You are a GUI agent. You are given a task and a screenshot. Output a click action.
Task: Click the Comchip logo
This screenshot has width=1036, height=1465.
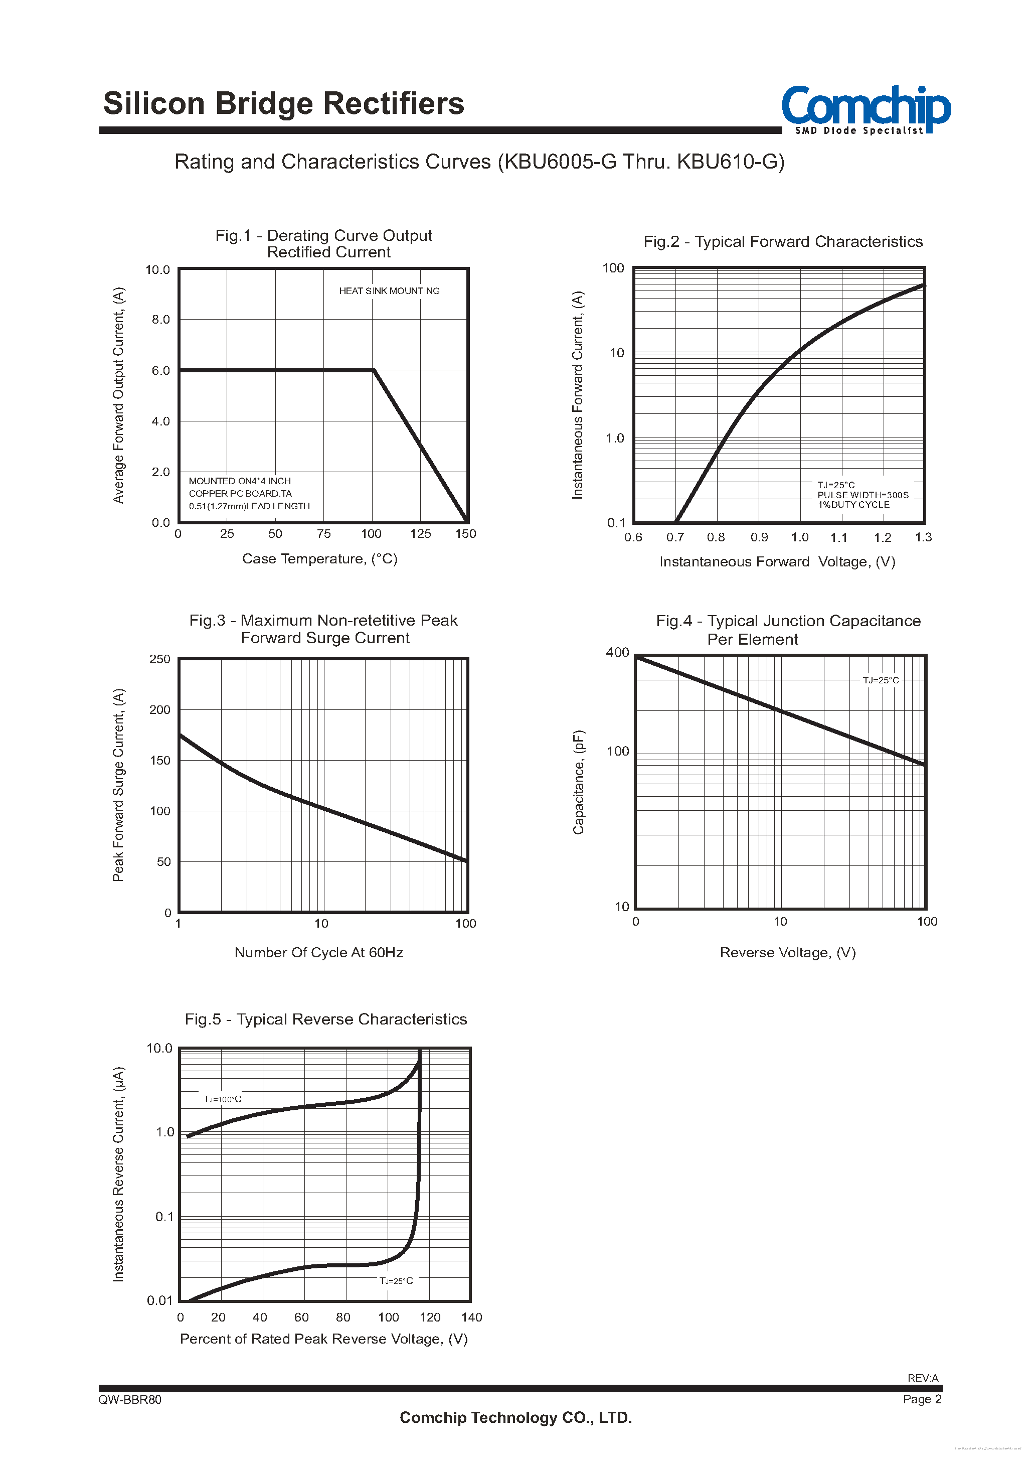pos(865,109)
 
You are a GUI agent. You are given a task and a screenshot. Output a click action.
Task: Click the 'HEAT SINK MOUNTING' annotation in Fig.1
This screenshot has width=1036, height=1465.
pos(389,291)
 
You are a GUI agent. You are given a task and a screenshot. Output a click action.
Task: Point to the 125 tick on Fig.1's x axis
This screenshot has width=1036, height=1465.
pos(420,534)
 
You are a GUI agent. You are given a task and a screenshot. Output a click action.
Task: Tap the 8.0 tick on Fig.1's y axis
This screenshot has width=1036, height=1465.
pos(161,320)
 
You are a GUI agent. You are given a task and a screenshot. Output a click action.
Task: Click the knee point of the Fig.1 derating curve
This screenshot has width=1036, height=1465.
pos(374,370)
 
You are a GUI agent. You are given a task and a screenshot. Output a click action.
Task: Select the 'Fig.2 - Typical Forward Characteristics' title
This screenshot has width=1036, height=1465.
pos(783,242)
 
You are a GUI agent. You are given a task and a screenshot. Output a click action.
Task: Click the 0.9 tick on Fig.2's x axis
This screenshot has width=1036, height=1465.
pos(759,538)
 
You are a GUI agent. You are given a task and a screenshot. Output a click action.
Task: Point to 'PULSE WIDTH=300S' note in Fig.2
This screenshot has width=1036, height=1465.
pos(862,495)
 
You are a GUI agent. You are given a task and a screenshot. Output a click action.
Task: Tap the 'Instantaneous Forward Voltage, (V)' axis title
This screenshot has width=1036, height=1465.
pos(777,562)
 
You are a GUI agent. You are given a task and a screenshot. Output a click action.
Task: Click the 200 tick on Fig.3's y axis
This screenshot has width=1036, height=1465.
pos(160,710)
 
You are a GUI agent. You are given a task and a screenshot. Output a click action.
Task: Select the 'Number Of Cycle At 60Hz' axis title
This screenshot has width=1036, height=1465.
pos(319,953)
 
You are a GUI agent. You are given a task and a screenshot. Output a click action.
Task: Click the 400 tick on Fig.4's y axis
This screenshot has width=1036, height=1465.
pos(617,653)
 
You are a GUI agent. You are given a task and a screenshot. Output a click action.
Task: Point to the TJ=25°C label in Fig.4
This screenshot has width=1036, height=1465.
pos(881,680)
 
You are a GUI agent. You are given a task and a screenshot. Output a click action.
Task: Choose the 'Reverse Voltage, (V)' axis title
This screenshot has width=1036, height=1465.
pos(788,953)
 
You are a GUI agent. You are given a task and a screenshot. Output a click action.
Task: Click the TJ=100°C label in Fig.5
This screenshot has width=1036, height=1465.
pos(223,1099)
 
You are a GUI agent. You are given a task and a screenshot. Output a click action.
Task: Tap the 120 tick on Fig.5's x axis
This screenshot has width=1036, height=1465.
pos(430,1317)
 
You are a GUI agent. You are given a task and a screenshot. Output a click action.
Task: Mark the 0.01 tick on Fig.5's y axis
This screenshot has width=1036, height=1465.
pos(160,1300)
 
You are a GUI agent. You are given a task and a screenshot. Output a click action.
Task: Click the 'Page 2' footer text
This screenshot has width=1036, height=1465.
pos(922,1399)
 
